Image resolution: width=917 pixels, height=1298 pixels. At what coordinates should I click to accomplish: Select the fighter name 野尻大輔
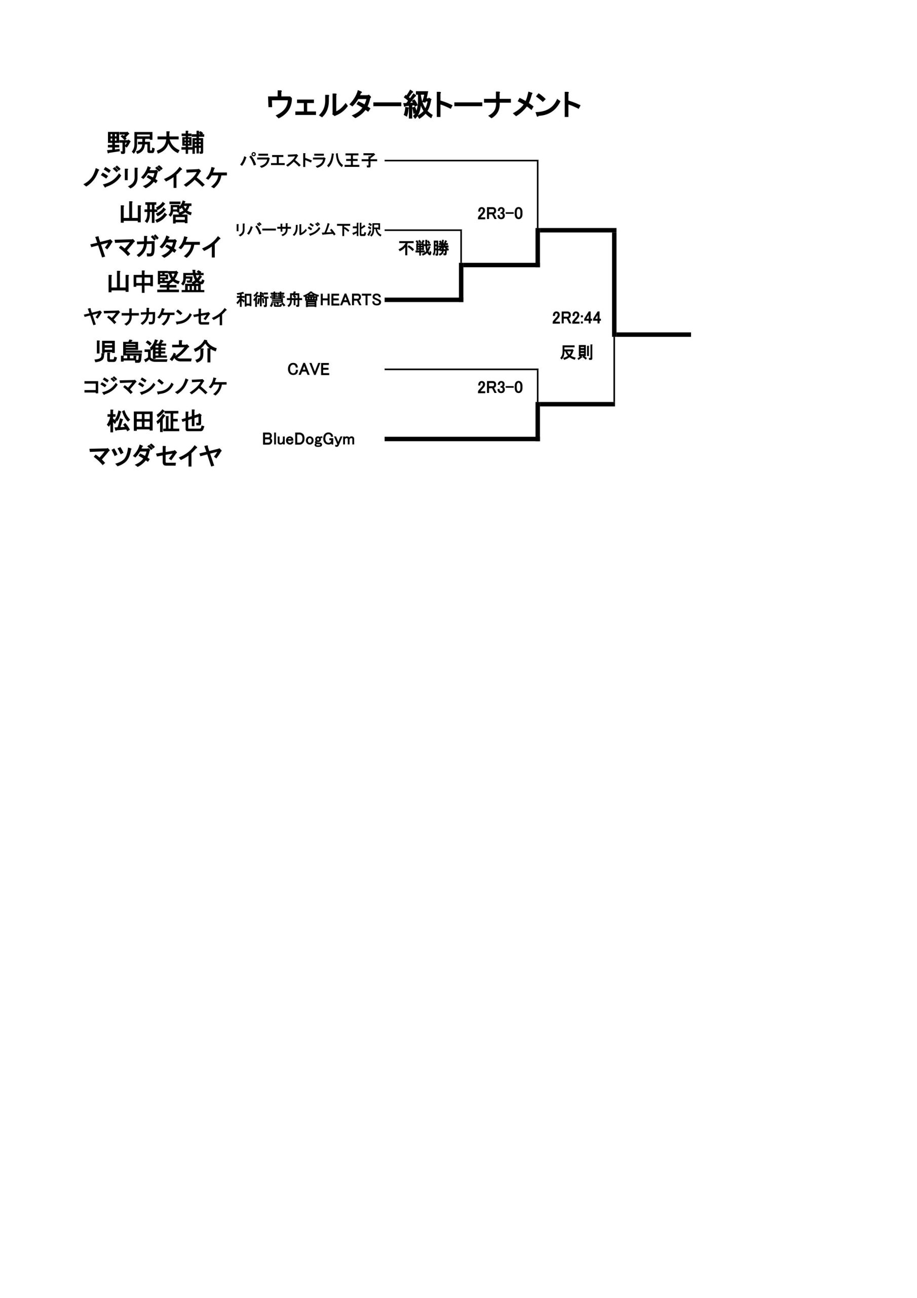click(156, 143)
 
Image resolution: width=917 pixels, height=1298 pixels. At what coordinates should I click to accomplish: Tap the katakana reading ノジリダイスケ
click(156, 178)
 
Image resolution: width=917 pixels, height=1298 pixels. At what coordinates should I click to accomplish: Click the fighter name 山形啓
click(156, 212)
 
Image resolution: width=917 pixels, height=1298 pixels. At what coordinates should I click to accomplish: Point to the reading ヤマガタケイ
click(156, 247)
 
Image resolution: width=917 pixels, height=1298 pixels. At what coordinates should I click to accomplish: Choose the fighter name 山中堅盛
click(156, 282)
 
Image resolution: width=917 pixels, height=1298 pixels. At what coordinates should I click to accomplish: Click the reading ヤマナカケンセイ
click(156, 316)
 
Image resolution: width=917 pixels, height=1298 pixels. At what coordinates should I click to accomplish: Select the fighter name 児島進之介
click(156, 352)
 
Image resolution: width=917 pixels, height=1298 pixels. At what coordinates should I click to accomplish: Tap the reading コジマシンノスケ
click(156, 387)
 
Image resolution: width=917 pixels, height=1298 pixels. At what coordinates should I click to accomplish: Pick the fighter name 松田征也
click(156, 421)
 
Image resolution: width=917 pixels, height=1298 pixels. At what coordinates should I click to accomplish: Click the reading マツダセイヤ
click(156, 456)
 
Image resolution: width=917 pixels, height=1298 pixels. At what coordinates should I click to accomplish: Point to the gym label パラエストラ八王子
click(309, 161)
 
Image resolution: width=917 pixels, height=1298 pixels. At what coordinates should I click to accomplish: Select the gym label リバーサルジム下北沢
click(309, 230)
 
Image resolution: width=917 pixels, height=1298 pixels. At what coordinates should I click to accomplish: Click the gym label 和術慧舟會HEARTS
click(309, 300)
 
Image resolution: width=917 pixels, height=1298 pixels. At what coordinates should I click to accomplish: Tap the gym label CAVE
click(309, 369)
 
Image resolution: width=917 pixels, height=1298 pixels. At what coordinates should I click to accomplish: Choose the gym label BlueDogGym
click(309, 439)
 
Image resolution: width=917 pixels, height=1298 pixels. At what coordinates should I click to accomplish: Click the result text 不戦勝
click(423, 247)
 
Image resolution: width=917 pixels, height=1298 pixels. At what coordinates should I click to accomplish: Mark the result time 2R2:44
click(577, 318)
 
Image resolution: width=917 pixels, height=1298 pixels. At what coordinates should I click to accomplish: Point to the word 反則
click(577, 352)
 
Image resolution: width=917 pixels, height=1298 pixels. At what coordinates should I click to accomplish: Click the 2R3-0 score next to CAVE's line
click(500, 387)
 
